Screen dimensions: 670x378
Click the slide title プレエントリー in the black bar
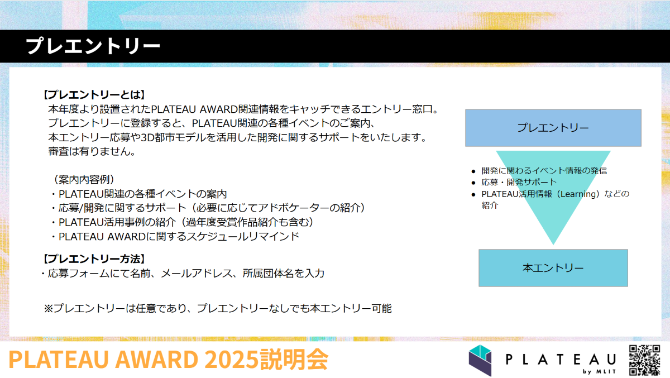pyautogui.click(x=93, y=46)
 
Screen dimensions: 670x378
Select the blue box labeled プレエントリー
pyautogui.click(x=553, y=128)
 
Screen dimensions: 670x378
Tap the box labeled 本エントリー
pyautogui.click(x=553, y=268)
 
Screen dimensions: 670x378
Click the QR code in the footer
pyautogui.click(x=644, y=360)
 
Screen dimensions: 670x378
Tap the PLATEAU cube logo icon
pyautogui.click(x=480, y=360)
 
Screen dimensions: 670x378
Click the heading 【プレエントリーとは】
pyautogui.click(x=94, y=95)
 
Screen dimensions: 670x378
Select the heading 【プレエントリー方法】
pyautogui.click(x=94, y=259)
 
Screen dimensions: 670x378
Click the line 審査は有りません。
pyautogui.click(x=92, y=152)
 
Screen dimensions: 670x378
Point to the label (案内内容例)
pyautogui.click(x=84, y=180)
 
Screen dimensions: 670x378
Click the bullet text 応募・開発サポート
pyautogui.click(x=519, y=182)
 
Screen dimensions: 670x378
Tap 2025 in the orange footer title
pyautogui.click(x=232, y=359)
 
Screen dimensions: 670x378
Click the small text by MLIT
pyautogui.click(x=599, y=371)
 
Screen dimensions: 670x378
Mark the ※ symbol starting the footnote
pyautogui.click(x=48, y=308)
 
